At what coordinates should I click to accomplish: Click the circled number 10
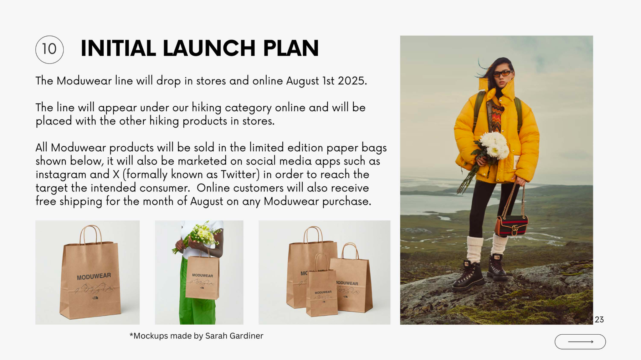click(49, 49)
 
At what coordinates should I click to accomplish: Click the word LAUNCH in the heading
click(209, 48)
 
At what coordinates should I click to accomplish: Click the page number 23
click(599, 319)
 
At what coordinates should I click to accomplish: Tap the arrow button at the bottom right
click(580, 342)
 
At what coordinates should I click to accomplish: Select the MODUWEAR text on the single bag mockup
click(94, 276)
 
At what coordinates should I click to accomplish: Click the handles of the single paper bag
click(91, 235)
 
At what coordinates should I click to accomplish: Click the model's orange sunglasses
click(502, 74)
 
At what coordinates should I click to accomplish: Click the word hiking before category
click(206, 108)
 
